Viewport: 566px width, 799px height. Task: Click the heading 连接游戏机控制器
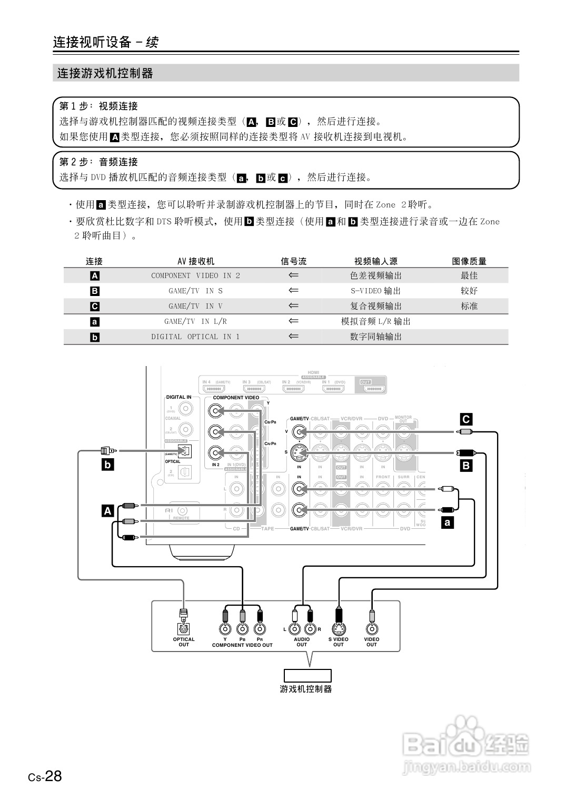(105, 73)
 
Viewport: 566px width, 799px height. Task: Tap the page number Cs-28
(45, 776)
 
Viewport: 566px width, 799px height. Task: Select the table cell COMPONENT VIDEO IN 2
(195, 275)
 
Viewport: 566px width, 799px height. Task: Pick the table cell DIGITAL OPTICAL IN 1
(195, 337)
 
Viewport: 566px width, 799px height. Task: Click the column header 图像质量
(469, 261)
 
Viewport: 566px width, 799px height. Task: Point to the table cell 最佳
(469, 275)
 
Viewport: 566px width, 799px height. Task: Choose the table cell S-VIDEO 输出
(375, 291)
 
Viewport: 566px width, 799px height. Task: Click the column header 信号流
(293, 261)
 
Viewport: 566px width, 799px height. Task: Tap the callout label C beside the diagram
(466, 419)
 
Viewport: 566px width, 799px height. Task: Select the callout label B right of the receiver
(466, 465)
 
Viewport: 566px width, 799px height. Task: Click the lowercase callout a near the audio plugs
(448, 522)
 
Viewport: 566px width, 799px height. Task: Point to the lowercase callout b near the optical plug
(107, 465)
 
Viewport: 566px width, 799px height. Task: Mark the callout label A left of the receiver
(107, 510)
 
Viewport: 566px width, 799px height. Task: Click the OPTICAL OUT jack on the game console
(184, 628)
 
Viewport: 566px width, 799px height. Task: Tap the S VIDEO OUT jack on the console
(338, 628)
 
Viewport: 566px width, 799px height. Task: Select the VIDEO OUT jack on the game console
(372, 628)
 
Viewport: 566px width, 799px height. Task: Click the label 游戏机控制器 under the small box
(305, 689)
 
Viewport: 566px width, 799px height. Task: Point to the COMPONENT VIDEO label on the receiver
(236, 398)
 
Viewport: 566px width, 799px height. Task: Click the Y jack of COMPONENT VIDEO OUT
(225, 628)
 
